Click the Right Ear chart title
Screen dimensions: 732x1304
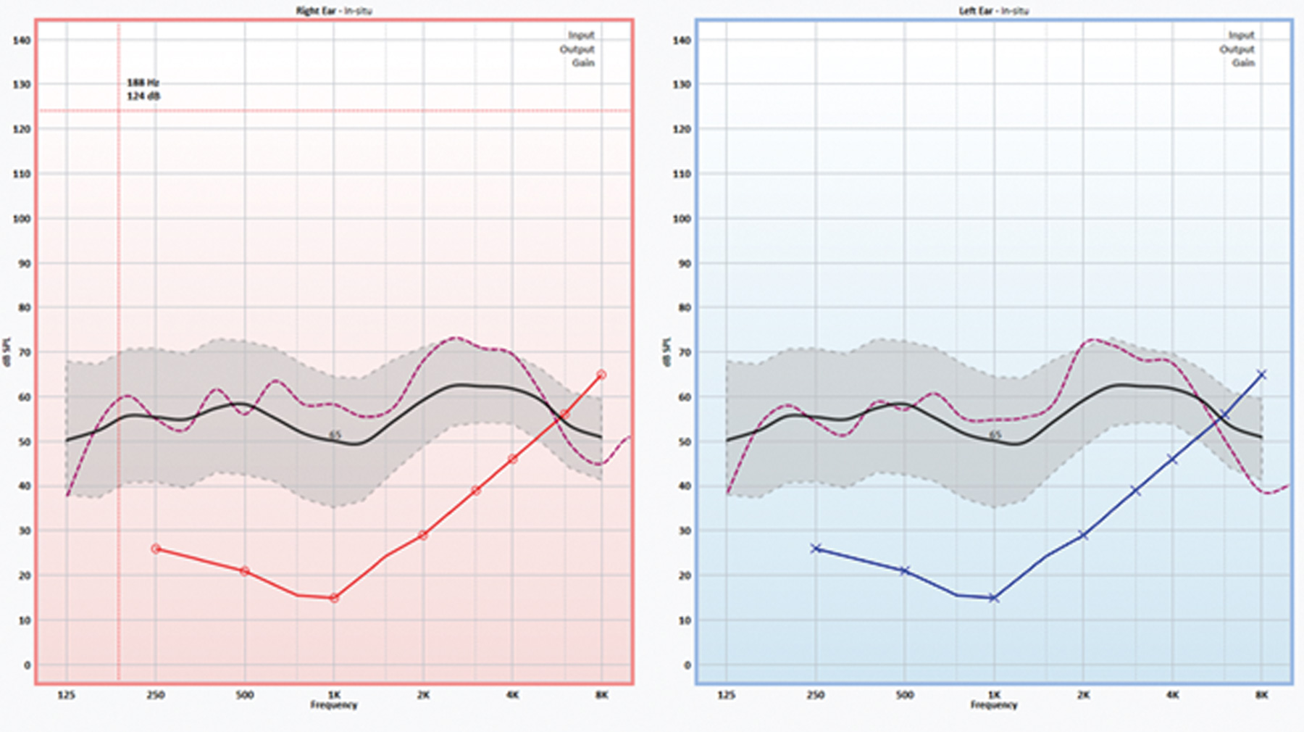(x=334, y=11)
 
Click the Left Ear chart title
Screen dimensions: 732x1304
(x=993, y=11)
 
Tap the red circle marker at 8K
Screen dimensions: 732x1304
(x=601, y=375)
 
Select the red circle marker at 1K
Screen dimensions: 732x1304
(x=334, y=598)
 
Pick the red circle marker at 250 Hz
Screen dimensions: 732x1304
(x=156, y=549)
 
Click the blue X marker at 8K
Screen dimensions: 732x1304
(x=1262, y=375)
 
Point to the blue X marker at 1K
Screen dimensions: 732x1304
(x=994, y=598)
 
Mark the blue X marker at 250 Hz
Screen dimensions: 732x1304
(x=816, y=549)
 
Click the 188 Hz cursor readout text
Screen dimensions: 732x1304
(x=143, y=83)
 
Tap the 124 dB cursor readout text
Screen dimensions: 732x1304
(x=143, y=96)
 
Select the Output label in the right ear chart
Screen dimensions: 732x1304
(x=577, y=49)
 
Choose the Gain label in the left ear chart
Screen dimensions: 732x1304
(x=1243, y=63)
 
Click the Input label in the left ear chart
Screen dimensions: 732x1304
(x=1241, y=36)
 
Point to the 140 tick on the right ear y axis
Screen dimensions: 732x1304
(x=22, y=41)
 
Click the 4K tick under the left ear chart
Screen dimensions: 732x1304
(x=1172, y=694)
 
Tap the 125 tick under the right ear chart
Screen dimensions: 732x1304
(x=67, y=694)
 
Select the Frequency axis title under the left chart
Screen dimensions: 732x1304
(x=994, y=704)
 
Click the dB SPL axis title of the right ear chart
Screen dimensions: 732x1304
(x=7, y=352)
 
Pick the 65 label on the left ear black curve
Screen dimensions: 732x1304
(x=995, y=435)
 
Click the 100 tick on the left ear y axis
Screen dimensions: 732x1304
(x=681, y=219)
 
